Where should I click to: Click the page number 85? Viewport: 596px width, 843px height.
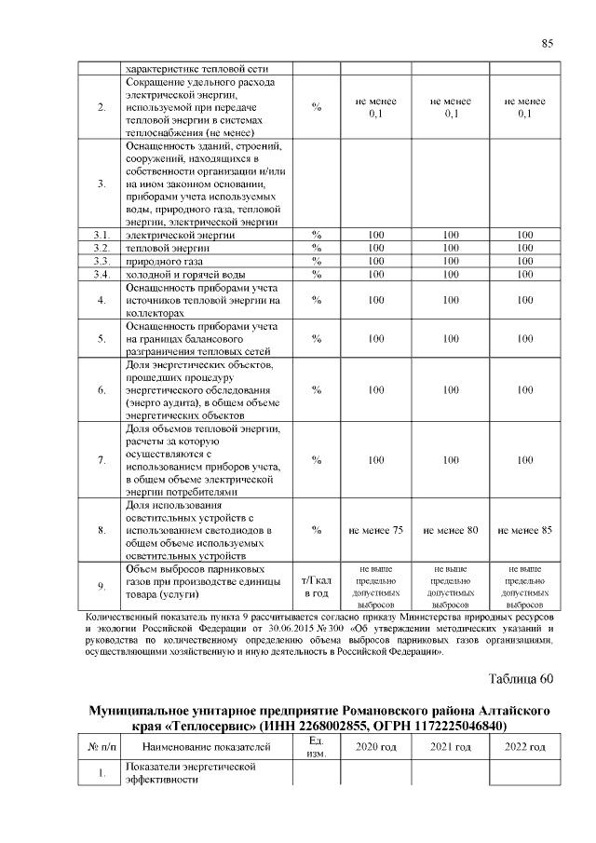tap(548, 43)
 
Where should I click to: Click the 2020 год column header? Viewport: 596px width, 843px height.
tap(376, 747)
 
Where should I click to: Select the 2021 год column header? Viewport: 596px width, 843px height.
tap(451, 747)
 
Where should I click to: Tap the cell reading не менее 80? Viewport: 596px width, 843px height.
tap(451, 530)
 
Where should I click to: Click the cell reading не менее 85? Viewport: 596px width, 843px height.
tap(525, 530)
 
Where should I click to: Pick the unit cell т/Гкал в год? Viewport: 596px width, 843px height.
tap(316, 586)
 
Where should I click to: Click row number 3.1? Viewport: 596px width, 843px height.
tap(101, 235)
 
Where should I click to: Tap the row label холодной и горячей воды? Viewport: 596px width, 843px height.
tap(186, 275)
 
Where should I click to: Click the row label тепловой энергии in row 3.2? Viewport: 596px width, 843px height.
tap(168, 249)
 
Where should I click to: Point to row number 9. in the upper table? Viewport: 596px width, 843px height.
tap(101, 586)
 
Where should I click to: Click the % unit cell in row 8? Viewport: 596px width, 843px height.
tap(316, 530)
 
